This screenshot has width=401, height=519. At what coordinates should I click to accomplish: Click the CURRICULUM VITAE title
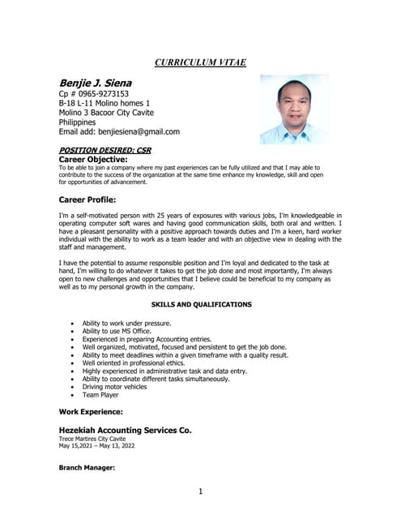coord(200,62)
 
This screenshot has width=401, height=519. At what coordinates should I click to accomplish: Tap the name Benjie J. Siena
coord(96,83)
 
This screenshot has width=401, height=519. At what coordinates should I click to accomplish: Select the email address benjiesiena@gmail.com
coord(139,131)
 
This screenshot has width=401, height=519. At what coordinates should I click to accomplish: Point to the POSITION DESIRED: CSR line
coord(105,150)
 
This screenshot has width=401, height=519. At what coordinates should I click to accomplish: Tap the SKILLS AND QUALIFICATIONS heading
coord(201,304)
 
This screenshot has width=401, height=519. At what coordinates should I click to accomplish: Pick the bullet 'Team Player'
coord(100,395)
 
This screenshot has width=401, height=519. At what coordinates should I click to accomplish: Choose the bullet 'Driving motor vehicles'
coord(114,387)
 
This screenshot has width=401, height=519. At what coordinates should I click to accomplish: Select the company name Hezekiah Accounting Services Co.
coord(125,430)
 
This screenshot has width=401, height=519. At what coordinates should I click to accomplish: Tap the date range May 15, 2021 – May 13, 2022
coord(96,446)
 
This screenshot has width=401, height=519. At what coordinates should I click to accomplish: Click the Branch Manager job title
coord(87,468)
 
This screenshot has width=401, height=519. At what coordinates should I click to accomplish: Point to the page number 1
coord(200,491)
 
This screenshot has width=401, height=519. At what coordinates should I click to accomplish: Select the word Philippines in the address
coord(78,122)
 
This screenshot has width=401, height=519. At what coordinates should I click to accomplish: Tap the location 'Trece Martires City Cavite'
coord(92,439)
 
